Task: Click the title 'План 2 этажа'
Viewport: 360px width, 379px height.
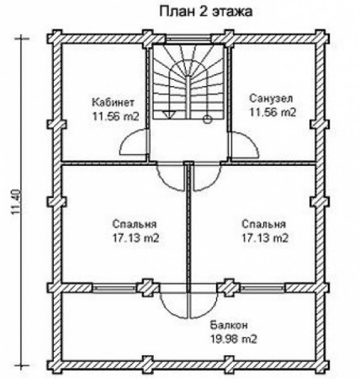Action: [206, 12]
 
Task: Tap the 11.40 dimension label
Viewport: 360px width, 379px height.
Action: [16, 202]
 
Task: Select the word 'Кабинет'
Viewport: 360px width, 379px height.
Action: [114, 102]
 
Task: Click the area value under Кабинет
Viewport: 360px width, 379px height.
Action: [116, 116]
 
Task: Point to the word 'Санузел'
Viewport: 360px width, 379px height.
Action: [271, 99]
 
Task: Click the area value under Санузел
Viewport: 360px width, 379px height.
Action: [273, 112]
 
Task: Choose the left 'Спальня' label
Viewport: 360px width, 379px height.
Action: [135, 224]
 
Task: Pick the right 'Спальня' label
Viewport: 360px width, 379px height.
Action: [263, 224]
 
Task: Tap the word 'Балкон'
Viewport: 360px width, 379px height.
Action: [229, 325]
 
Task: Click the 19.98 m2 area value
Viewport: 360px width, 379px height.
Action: [234, 339]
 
